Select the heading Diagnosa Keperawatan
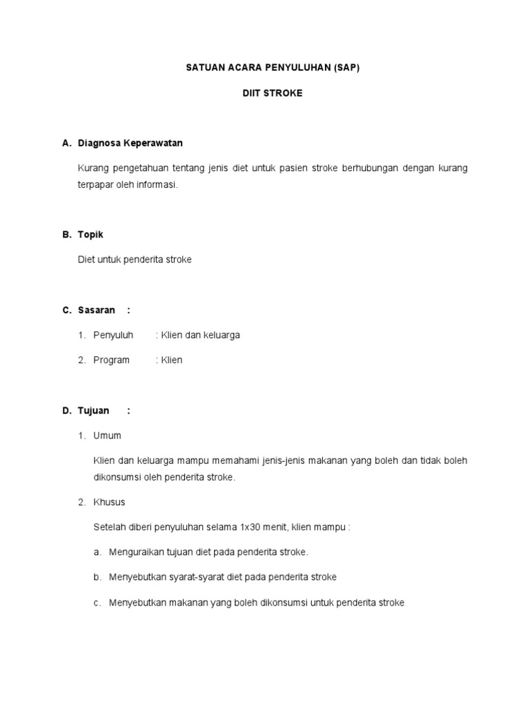130,143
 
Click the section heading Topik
90,235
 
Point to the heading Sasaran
97,310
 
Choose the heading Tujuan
94,410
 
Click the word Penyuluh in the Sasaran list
113,335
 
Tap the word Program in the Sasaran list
111,360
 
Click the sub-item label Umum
107,435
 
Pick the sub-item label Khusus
109,502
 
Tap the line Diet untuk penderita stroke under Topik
135,260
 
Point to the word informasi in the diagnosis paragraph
158,185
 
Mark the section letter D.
67,410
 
